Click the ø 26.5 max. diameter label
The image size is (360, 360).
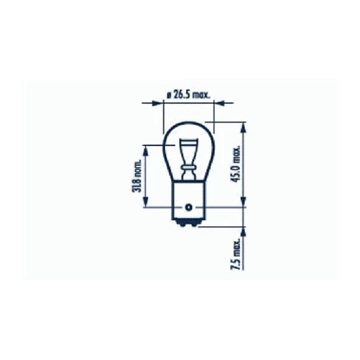click(x=189, y=94)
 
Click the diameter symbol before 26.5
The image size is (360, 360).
click(x=168, y=94)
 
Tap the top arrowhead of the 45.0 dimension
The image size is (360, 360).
click(x=244, y=127)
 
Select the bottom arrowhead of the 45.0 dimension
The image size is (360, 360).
click(x=244, y=202)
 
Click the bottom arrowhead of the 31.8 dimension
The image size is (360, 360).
click(x=145, y=202)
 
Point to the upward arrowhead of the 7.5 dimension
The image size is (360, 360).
click(x=244, y=231)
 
